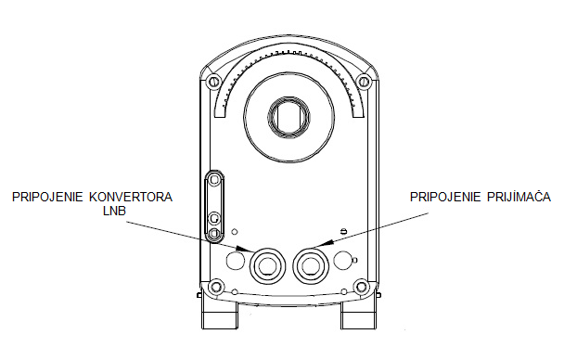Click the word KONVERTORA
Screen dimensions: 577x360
[131, 197]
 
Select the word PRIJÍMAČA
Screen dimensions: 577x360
[519, 197]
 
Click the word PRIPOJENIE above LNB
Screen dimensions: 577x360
[47, 197]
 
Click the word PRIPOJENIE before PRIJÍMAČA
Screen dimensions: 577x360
[445, 197]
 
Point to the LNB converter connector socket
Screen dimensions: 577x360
[267, 265]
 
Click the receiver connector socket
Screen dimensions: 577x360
[311, 265]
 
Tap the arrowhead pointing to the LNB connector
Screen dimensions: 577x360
[244, 249]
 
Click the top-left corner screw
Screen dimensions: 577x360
[212, 81]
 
